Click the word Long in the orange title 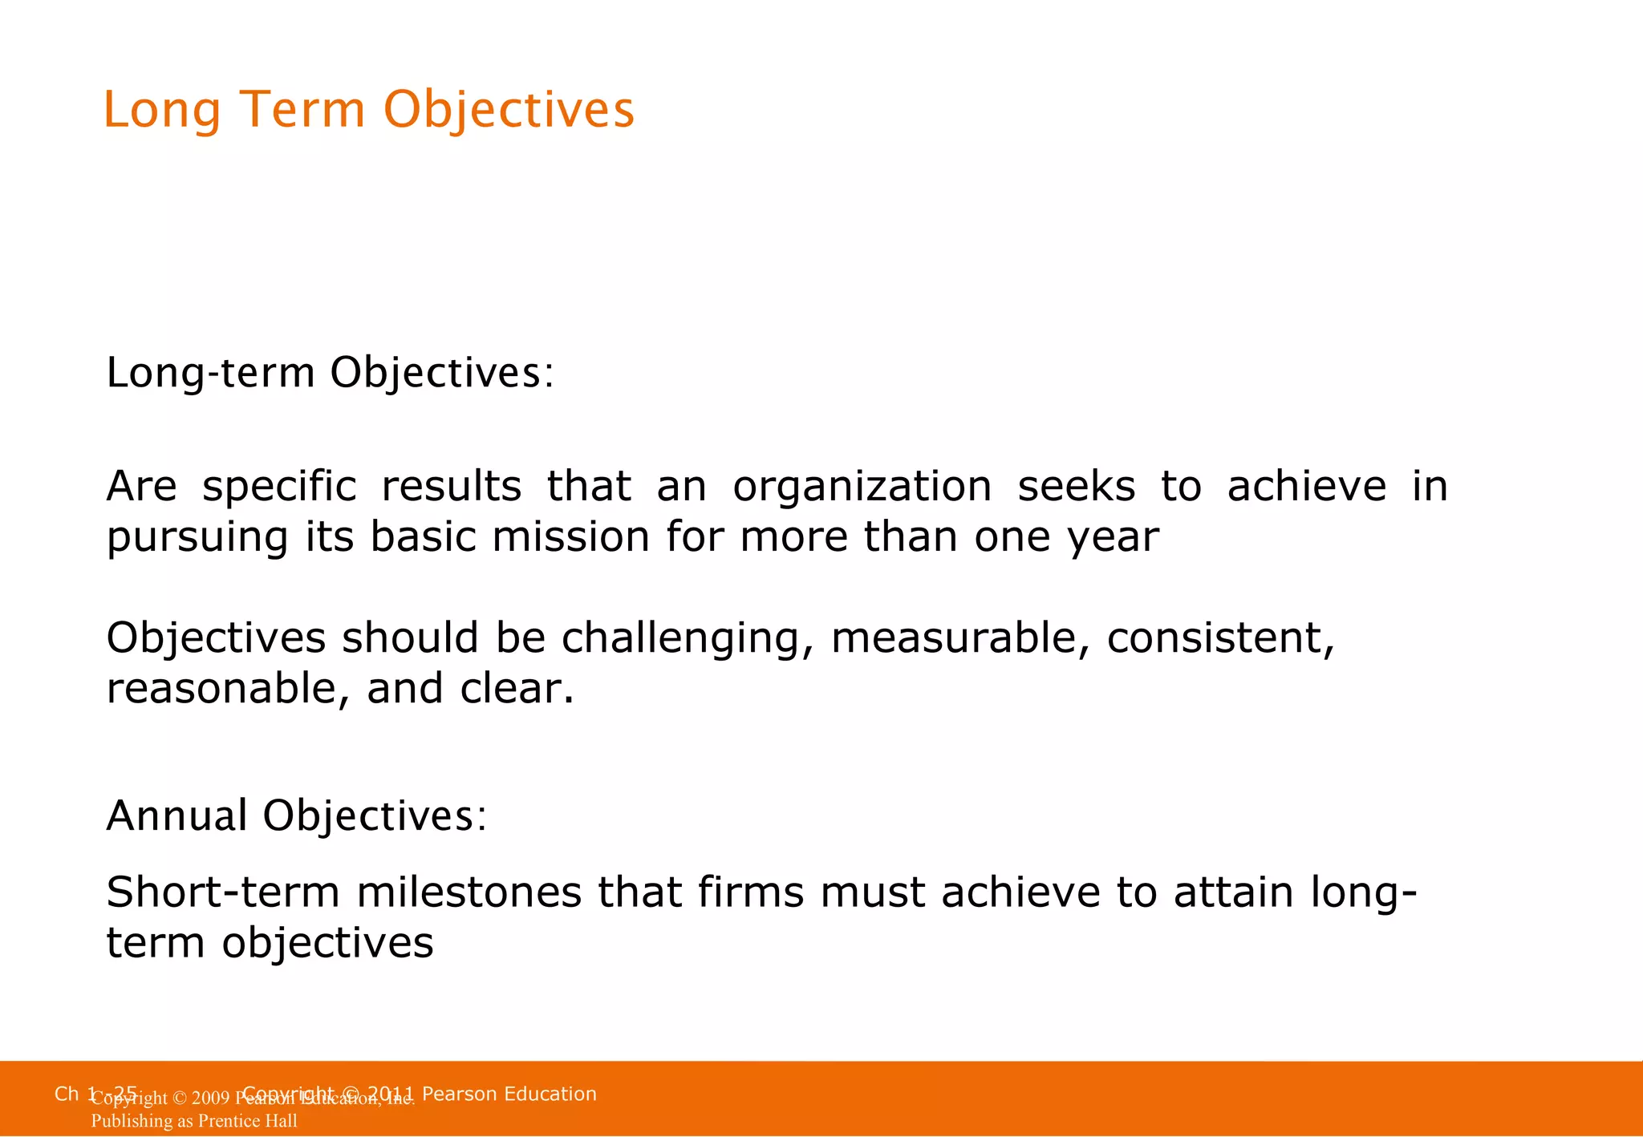(161, 111)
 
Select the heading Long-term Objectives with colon (330, 374)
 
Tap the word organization (862, 487)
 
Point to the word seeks (1076, 487)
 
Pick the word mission (570, 537)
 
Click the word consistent (1219, 638)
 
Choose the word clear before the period (511, 689)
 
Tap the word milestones (469, 892)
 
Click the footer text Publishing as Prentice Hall (194, 1121)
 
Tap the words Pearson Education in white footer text (509, 1094)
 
